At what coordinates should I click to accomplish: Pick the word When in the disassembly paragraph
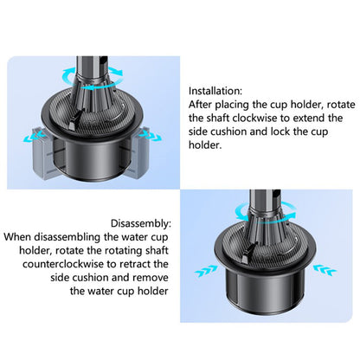coord(20,236)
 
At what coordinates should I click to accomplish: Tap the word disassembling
coord(73,236)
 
